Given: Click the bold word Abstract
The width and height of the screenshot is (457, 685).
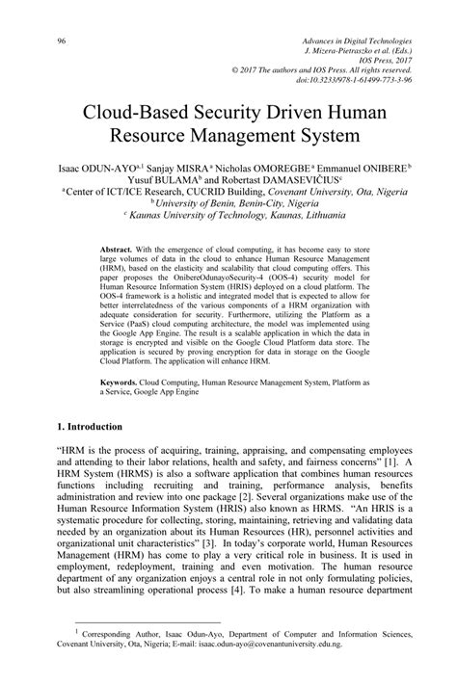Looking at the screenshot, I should [118, 250].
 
